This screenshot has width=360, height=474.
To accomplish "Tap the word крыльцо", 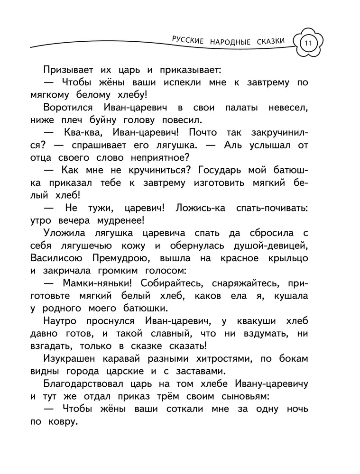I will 285,258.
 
